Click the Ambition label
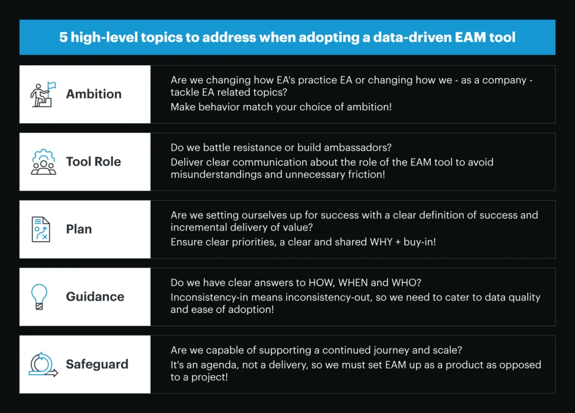pos(94,94)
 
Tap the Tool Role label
pos(94,161)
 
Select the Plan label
pos(79,229)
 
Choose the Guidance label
pos(95,297)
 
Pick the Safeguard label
pos(97,364)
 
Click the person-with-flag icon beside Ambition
pos(43,94)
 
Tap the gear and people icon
pos(43,162)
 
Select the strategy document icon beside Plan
pos(40,229)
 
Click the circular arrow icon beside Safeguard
pos(43,365)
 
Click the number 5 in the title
pos(63,38)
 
